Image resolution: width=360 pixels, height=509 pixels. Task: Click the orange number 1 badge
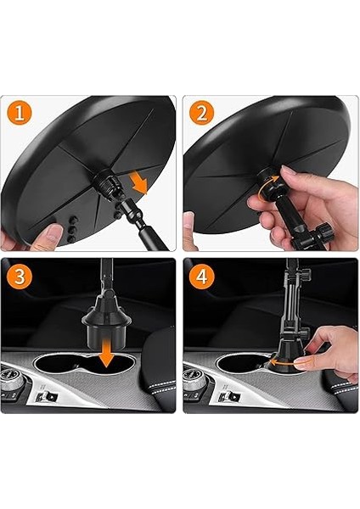point(20,114)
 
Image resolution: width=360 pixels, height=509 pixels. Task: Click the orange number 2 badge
point(201,114)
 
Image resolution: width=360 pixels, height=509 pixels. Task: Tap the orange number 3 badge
point(20,277)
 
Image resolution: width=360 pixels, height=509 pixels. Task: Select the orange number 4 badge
point(201,277)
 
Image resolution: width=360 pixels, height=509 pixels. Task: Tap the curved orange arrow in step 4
point(289,364)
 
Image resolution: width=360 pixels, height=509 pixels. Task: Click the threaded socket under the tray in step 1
point(105,185)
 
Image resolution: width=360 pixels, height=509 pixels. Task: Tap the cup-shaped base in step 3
point(106,327)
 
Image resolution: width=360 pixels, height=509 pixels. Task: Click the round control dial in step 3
point(10,378)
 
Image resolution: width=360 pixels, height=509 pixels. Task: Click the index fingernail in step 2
point(290,170)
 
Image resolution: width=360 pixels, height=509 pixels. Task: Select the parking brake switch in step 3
point(48,396)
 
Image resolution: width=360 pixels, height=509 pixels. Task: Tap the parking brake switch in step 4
point(230,396)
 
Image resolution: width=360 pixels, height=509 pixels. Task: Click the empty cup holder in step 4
point(239,364)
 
